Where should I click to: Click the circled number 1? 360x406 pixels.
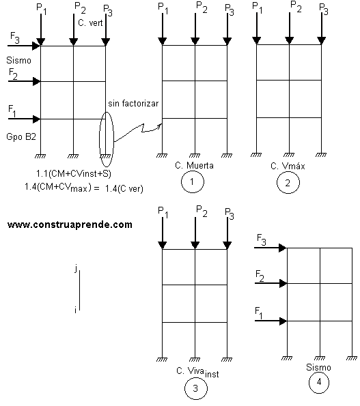pyautogui.click(x=193, y=182)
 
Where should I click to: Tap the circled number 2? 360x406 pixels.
pyautogui.click(x=288, y=183)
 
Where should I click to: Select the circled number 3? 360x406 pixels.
pyautogui.click(x=195, y=388)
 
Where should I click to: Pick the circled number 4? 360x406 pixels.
pyautogui.click(x=319, y=382)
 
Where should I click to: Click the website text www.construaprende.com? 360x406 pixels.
pyautogui.click(x=70, y=224)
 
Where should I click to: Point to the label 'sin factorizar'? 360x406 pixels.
pyautogui.click(x=133, y=104)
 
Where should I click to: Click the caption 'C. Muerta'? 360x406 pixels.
pyautogui.click(x=195, y=165)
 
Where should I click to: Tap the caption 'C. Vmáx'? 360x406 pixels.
pyautogui.click(x=288, y=166)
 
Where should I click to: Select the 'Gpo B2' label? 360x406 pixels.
pyautogui.click(x=21, y=136)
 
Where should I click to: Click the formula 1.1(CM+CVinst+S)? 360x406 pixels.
pyautogui.click(x=74, y=173)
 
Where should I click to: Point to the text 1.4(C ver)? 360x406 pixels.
pyautogui.click(x=124, y=189)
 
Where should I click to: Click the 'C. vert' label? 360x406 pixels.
pyautogui.click(x=90, y=23)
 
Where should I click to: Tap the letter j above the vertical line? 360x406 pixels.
pyautogui.click(x=76, y=268)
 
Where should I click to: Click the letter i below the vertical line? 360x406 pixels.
pyautogui.click(x=75, y=310)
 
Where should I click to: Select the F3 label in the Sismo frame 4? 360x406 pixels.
pyautogui.click(x=261, y=240)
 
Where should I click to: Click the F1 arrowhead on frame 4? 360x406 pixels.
pyautogui.click(x=283, y=321)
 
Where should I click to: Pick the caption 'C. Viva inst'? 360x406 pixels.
pyautogui.click(x=197, y=373)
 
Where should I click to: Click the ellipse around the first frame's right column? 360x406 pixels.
pyautogui.click(x=100, y=139)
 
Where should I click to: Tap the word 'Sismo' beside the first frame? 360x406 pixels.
pyautogui.click(x=18, y=60)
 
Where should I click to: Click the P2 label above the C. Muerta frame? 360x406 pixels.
pyautogui.click(x=202, y=8)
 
